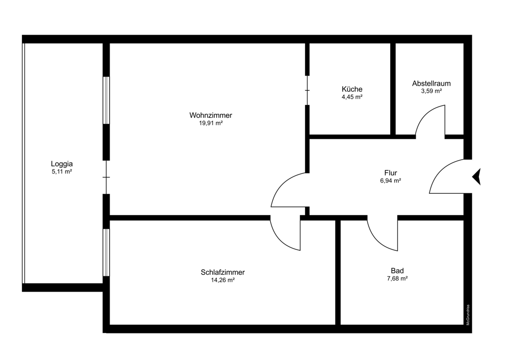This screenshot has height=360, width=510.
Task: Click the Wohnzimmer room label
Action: [x=211, y=115]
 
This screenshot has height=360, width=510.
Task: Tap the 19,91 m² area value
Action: [x=211, y=123]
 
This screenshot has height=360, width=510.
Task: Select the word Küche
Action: [x=352, y=89]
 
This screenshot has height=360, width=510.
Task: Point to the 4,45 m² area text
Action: [x=352, y=97]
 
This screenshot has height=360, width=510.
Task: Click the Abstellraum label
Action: [x=431, y=83]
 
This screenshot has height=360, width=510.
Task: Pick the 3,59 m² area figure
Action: [x=431, y=91]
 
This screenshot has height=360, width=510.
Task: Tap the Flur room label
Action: [x=391, y=172]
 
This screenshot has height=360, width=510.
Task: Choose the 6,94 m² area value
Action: [x=391, y=181]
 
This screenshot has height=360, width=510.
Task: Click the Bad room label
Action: [x=397, y=271]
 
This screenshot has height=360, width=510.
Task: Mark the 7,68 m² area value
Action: [x=397, y=278]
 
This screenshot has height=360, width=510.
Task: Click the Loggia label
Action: [x=62, y=164]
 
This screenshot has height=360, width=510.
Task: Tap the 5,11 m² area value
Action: [x=62, y=172]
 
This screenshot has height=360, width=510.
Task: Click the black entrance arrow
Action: [x=477, y=176]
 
